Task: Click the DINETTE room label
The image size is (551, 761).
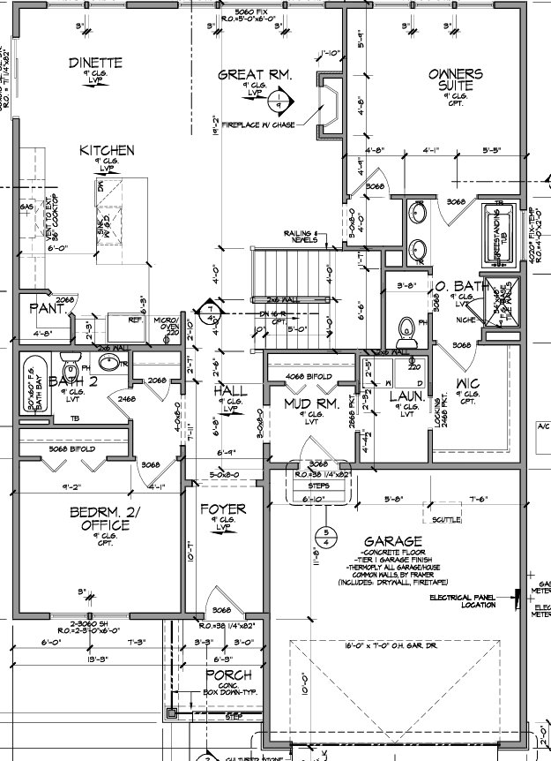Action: tap(95, 63)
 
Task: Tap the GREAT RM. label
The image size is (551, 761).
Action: tap(255, 75)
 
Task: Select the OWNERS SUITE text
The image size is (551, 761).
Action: tap(455, 79)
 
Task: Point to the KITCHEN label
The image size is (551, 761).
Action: tap(106, 151)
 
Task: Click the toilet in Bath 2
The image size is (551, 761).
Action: tap(71, 365)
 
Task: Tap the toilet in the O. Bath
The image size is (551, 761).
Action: tap(406, 331)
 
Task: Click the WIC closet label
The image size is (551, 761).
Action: tap(467, 383)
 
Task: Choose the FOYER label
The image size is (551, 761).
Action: tap(223, 509)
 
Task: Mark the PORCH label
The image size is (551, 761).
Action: tap(227, 675)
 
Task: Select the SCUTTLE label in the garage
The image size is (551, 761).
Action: tap(446, 521)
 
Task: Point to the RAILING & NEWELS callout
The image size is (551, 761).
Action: tap(302, 236)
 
